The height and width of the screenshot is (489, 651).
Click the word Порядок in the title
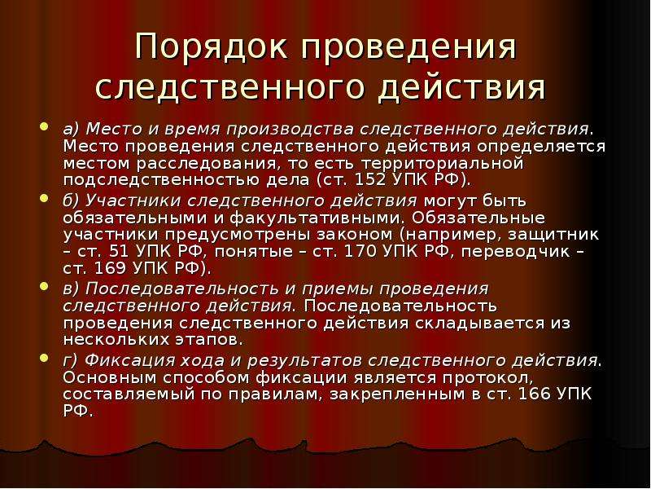click(212, 46)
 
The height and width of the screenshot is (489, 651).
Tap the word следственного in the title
click(232, 88)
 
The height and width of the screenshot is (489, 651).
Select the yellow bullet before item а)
click(45, 126)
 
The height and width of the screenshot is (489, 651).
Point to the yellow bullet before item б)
click(45, 198)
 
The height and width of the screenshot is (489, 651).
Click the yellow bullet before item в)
click(45, 286)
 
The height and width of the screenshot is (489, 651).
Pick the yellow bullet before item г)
click(45, 358)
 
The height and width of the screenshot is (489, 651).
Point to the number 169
click(110, 268)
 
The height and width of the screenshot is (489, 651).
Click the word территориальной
click(443, 163)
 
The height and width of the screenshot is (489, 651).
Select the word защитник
click(553, 235)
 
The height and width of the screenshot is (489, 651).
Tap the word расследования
click(207, 164)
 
